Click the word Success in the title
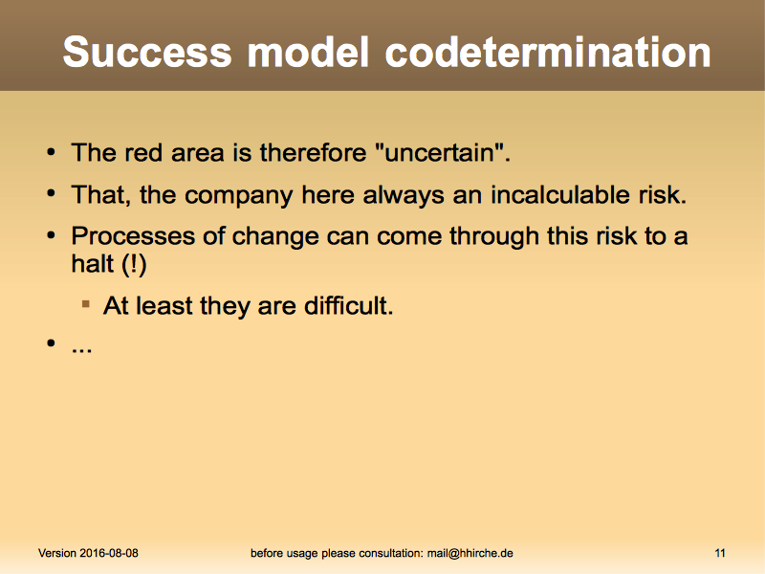coord(147,52)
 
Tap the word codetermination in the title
coord(547,52)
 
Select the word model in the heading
coord(308,52)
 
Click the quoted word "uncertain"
coord(443,152)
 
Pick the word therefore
coord(313,152)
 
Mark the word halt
coord(92,264)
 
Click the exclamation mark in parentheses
coord(133,265)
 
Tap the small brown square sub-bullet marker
coord(86,304)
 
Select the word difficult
coord(348,306)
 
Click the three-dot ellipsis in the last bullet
coord(81,350)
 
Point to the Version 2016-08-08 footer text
coord(88,553)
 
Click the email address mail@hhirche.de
coord(470,553)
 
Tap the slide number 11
coord(720,553)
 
